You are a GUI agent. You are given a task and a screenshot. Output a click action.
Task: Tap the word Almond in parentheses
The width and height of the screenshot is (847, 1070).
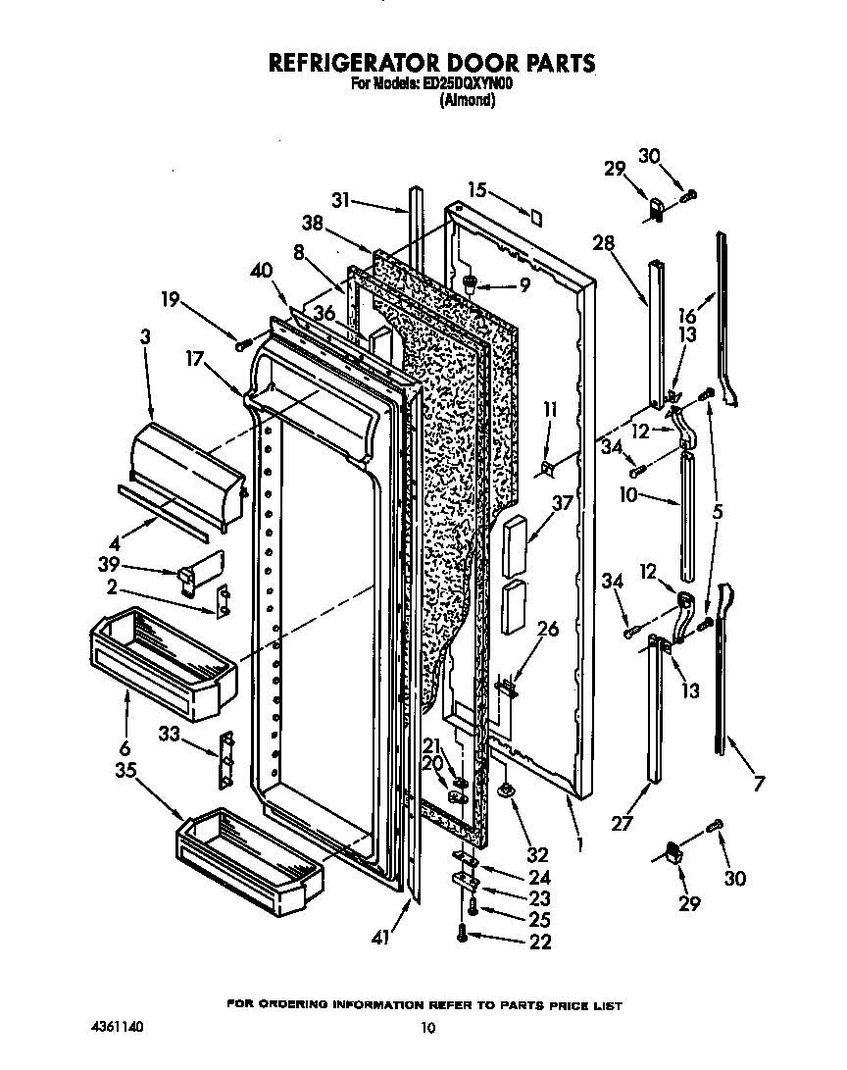468,99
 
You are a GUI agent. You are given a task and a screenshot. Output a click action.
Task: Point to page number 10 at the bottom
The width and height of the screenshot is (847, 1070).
426,1028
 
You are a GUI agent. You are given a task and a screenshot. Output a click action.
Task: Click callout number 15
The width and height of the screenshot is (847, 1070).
476,190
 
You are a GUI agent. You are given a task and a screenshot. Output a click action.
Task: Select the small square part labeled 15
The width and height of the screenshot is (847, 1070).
535,217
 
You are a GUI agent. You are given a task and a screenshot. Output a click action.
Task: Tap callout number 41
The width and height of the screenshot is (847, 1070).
381,938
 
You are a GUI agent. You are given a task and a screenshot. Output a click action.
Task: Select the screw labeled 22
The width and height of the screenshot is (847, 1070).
462,936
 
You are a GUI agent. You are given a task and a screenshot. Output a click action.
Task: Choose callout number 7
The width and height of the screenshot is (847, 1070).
758,783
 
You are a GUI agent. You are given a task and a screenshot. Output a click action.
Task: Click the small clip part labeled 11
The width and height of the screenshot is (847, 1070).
546,468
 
